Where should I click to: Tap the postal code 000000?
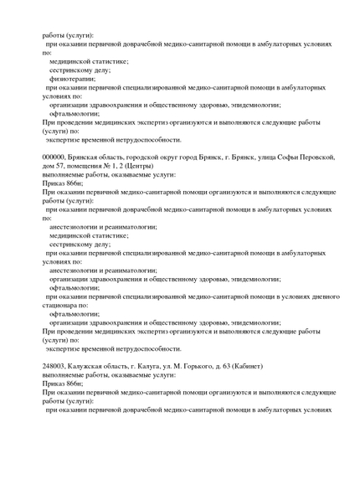pos(54,157)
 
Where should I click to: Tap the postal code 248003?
pos(54,367)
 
